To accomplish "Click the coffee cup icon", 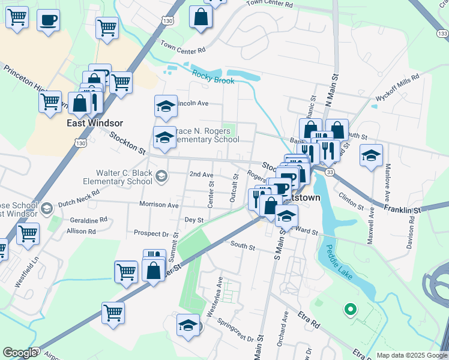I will pos(48,20).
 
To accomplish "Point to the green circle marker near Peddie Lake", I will pos(349,310).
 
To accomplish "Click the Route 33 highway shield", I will pos(330,172).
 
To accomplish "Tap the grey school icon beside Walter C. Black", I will pos(160,176).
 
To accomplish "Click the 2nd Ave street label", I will pos(201,175).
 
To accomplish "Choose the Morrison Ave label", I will pos(159,205).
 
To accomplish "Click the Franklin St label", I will pos(403,210).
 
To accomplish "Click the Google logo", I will pos(20,353).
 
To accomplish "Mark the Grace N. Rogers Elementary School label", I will pos(205,135).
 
